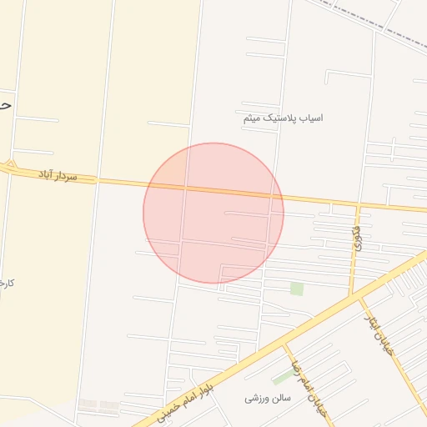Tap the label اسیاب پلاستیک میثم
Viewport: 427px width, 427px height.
click(x=283, y=118)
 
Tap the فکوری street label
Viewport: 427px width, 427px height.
click(x=357, y=239)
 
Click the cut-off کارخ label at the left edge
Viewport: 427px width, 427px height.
click(x=7, y=284)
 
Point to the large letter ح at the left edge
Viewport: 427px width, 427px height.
click(x=5, y=106)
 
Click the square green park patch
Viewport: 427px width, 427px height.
click(x=296, y=289)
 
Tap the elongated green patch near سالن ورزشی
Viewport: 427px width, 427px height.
click(x=283, y=377)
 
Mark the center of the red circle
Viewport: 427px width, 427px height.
click(x=213, y=213)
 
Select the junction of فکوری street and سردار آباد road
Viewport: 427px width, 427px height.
click(x=359, y=204)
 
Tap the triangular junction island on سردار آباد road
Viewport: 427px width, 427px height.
click(x=11, y=165)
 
